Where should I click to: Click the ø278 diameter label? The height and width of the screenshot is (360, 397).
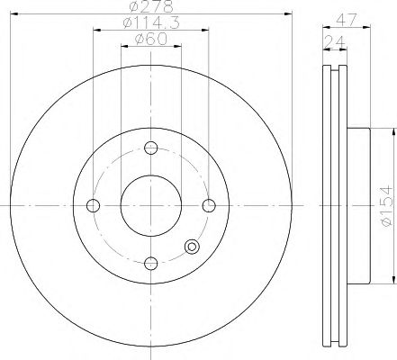151,6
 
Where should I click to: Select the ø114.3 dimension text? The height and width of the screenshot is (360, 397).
151,22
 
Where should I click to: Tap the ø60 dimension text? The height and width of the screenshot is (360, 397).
150,39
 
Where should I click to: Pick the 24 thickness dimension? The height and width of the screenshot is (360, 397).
334,41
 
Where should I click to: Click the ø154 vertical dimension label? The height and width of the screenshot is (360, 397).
385,206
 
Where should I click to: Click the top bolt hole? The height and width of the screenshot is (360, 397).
151,148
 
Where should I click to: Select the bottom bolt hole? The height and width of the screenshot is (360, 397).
151,264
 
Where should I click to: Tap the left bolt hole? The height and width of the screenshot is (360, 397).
93,205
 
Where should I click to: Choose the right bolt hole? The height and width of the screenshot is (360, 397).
209,205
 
